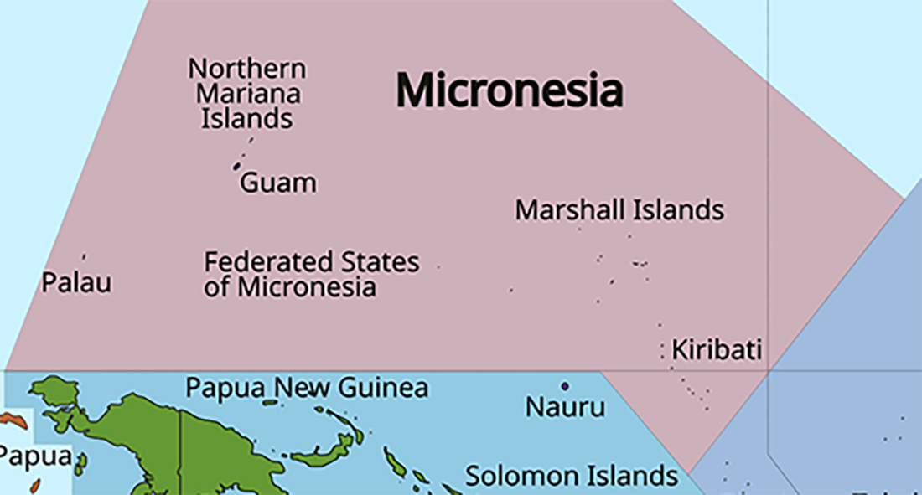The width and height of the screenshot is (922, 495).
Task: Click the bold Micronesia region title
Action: click(x=509, y=90)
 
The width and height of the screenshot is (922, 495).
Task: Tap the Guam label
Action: click(x=278, y=183)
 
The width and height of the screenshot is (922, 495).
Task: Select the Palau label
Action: click(x=76, y=282)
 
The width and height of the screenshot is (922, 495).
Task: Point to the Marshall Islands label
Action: click(x=619, y=209)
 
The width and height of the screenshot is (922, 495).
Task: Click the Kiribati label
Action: click(x=717, y=349)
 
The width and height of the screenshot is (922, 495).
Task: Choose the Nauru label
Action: click(x=565, y=408)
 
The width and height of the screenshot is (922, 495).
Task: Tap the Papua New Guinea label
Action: click(x=307, y=388)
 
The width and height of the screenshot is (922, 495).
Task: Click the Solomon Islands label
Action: click(x=572, y=476)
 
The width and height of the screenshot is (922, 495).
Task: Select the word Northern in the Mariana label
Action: click(x=247, y=69)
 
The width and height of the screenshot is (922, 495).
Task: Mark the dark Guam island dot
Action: click(x=236, y=166)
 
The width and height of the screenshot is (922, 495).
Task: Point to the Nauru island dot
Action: click(x=565, y=386)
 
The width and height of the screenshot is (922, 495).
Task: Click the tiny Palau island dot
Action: click(x=83, y=256)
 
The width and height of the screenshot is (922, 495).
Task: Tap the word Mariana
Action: click(x=248, y=94)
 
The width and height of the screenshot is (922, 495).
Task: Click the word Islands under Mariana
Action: click(x=247, y=118)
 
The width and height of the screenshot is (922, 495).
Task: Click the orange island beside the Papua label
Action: click(x=13, y=420)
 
